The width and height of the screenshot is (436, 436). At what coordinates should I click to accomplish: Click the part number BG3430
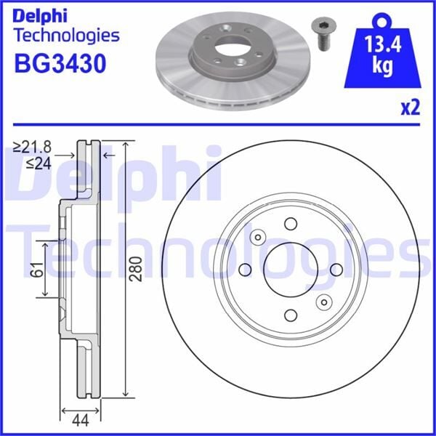tap(60, 63)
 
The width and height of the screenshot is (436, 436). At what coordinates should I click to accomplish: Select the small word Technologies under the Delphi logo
tap(66, 35)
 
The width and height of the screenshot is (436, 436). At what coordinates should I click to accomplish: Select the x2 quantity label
tap(411, 108)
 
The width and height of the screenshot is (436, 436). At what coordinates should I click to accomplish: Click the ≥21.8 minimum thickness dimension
tap(34, 148)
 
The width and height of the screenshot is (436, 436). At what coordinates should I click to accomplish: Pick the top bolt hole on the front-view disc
tap(290, 224)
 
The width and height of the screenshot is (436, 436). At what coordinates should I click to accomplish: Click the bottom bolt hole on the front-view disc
tap(290, 315)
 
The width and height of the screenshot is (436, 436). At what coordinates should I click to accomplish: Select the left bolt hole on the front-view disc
tap(244, 270)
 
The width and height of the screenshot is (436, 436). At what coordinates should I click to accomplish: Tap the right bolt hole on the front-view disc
tap(336, 270)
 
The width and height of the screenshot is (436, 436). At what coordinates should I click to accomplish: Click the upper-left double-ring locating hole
tap(257, 237)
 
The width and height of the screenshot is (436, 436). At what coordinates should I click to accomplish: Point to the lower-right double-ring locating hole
tap(323, 302)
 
